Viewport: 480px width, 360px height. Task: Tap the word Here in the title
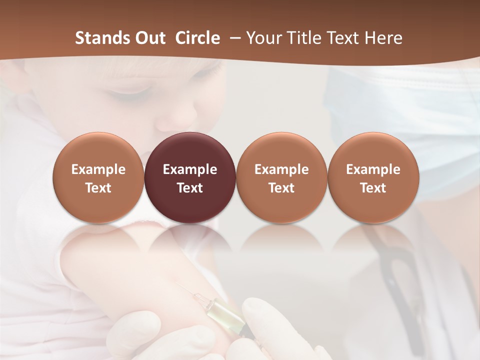383,38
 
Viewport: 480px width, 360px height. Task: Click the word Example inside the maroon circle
190,169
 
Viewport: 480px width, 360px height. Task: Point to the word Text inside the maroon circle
190,188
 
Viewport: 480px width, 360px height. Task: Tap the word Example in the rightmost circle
373,169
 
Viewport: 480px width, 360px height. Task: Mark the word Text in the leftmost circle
98,188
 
